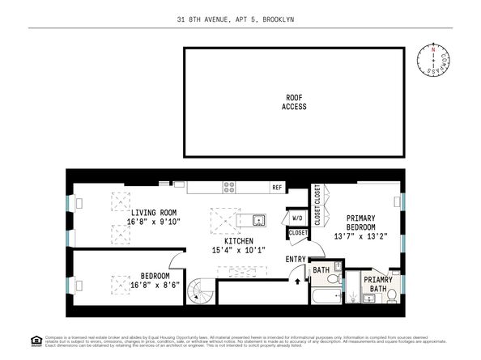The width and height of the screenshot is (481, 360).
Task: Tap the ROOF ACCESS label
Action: coord(294,102)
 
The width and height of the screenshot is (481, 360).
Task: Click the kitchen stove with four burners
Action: coord(229,186)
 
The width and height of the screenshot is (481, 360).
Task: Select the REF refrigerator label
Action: coord(277,187)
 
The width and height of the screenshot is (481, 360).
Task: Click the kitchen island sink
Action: coord(258,219)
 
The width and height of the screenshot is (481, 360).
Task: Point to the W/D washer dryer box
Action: coord(297,218)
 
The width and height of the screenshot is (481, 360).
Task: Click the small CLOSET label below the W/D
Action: coord(297,234)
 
